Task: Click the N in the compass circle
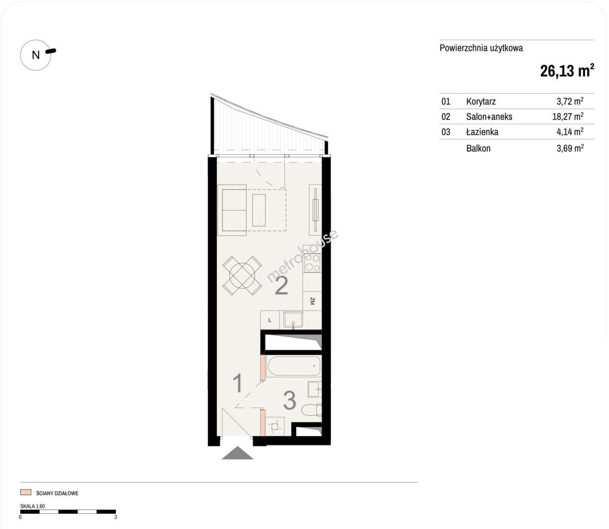36,55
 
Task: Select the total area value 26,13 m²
567,71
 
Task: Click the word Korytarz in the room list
481,102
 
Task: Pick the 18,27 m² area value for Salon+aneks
568,116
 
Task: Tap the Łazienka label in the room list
482,132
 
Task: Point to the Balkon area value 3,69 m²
570,148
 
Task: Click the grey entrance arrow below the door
237,453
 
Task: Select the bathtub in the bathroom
294,366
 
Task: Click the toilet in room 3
312,410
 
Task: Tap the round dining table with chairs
242,275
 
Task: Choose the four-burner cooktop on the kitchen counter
312,263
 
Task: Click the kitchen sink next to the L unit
293,319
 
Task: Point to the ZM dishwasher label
312,301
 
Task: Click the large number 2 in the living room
281,286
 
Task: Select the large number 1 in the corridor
238,384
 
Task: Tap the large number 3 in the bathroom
289,400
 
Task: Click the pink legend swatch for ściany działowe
25,492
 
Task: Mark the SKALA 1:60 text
32,506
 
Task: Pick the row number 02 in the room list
446,117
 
